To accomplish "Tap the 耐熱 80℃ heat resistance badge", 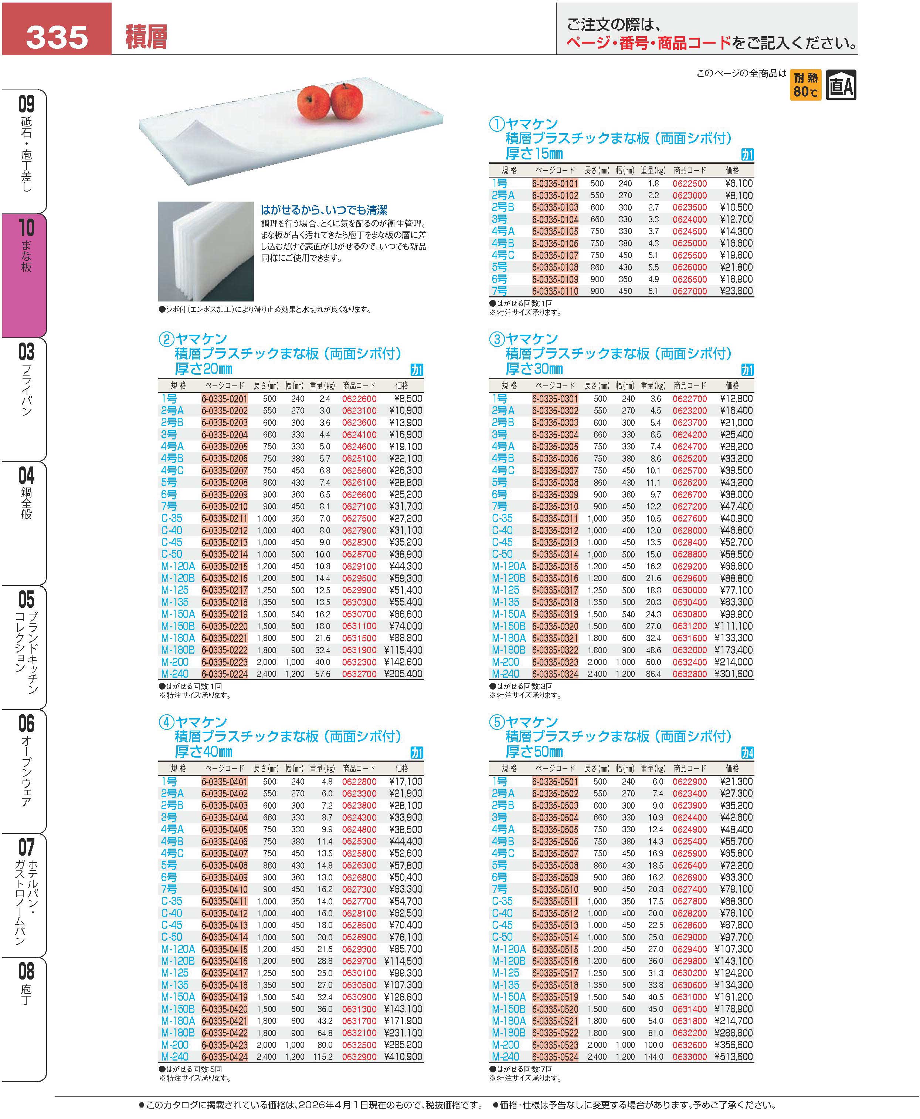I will tap(805, 85).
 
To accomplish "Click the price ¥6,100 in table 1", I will tap(739, 183).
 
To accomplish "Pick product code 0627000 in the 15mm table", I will tap(689, 291).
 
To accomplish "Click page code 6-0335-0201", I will tap(224, 399).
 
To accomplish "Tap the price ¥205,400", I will tap(405, 674).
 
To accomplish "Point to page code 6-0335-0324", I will tap(555, 674).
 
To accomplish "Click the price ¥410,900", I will tap(405, 1057).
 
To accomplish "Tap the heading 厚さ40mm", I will tap(204, 752).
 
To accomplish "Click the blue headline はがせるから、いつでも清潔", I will tap(324, 210).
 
